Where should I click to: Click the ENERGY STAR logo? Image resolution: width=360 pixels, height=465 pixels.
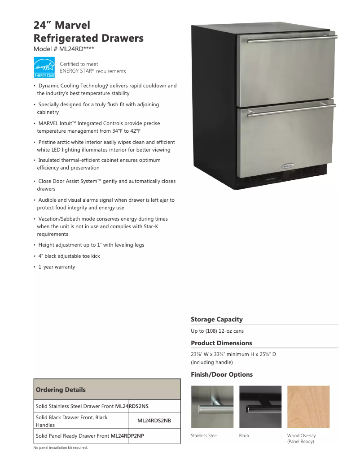tap(44, 68)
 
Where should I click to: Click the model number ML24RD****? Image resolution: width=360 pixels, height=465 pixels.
tap(64, 49)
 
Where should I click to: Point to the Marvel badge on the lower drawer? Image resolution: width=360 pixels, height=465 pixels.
tap(288, 165)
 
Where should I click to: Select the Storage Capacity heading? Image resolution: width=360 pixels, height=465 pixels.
tap(217, 320)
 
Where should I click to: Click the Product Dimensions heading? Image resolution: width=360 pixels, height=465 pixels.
tap(221, 343)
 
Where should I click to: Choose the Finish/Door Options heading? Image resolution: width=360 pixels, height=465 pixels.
tap(222, 374)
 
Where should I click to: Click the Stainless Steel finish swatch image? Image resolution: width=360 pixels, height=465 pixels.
tap(212, 407)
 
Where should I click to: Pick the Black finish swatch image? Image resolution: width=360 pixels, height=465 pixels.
tap(260, 407)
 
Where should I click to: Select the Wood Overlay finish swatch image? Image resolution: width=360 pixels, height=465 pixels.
tap(308, 407)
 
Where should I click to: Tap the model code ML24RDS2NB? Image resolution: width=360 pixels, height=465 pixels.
tap(154, 421)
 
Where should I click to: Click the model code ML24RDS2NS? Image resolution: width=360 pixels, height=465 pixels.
tap(132, 406)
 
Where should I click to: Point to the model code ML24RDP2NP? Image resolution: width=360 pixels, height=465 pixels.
tap(127, 436)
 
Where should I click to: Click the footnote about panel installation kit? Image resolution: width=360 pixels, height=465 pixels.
tap(61, 448)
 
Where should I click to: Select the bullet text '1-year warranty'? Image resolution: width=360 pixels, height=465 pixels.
tap(57, 267)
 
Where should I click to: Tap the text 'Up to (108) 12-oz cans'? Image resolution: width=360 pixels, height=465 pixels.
tap(217, 331)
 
